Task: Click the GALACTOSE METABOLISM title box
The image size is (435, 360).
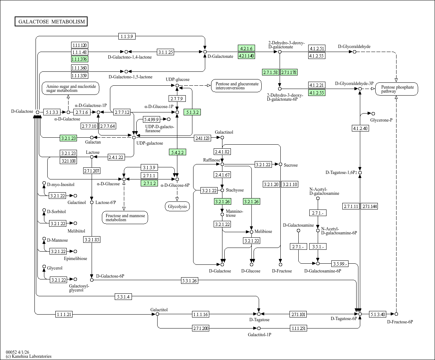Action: (51, 22)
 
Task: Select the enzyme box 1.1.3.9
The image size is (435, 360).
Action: (127, 36)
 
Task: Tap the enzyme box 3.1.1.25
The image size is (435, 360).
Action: (165, 52)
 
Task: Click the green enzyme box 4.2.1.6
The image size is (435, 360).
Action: (246, 48)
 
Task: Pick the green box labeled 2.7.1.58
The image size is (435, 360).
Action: (271, 72)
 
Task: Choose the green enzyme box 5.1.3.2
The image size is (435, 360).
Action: (192, 112)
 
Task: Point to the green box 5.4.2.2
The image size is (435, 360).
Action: (177, 152)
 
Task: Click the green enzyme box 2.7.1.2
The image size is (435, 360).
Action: (150, 183)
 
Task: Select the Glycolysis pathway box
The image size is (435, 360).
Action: (177, 207)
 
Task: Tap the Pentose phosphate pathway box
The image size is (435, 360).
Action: (397, 89)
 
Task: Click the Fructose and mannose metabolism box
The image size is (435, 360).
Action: (125, 218)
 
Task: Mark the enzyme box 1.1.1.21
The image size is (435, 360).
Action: (64, 314)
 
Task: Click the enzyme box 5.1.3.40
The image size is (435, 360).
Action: (377, 314)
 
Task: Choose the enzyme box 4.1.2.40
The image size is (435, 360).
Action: (360, 128)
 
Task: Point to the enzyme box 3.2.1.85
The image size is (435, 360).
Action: (92, 240)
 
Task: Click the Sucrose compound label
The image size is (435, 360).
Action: (291, 165)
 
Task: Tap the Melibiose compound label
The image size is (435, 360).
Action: (263, 231)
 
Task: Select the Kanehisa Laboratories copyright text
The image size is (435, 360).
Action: (29, 356)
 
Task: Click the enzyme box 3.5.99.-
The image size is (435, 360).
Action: (340, 264)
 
